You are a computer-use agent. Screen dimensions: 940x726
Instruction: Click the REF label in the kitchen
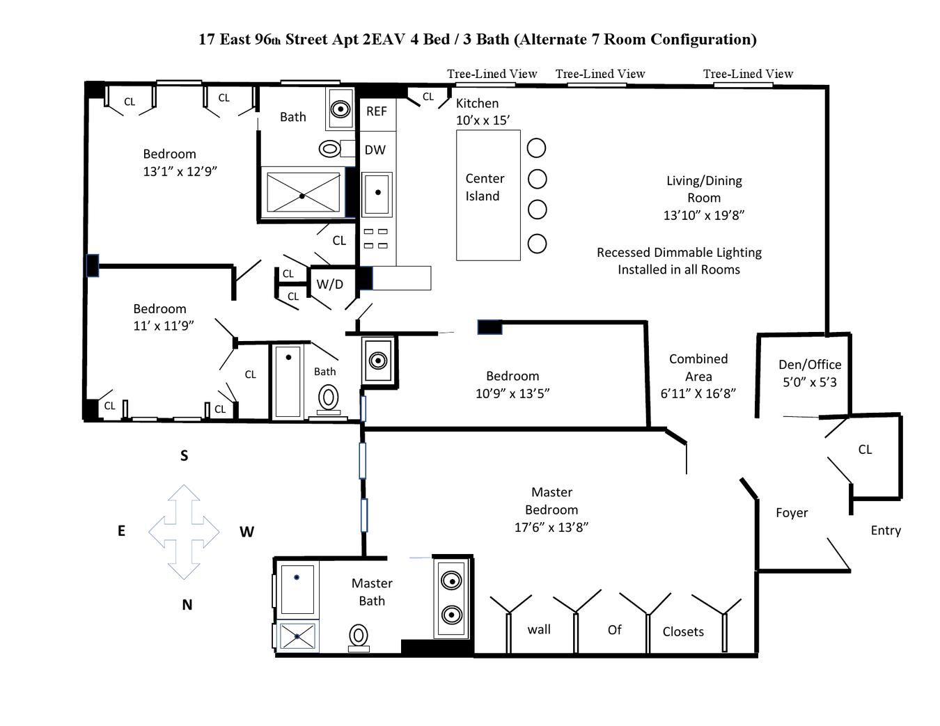coord(376,111)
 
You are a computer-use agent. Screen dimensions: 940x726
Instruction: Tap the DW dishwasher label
coord(375,150)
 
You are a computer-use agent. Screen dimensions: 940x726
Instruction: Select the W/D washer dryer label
coord(329,284)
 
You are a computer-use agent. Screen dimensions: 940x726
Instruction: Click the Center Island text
coord(484,187)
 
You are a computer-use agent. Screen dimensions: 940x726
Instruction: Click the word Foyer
coord(792,513)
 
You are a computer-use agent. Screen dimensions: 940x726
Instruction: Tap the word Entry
coord(886,530)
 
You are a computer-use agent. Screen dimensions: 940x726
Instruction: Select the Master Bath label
coord(372,592)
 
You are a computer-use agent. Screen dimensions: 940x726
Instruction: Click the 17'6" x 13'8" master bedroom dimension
coord(551,527)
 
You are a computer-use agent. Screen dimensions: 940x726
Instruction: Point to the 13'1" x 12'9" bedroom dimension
coord(180,171)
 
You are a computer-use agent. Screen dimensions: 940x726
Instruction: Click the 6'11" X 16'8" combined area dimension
coord(698,393)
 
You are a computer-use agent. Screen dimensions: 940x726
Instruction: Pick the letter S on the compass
coord(184,456)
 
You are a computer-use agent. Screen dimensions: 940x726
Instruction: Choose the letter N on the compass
coord(187,605)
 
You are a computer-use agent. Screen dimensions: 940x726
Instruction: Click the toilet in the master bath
coord(358,636)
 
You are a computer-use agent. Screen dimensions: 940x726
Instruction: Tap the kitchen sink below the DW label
coord(377,193)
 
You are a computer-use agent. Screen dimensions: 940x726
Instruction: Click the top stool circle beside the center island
coord(536,148)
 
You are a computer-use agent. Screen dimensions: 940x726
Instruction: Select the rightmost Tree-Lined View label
coord(748,74)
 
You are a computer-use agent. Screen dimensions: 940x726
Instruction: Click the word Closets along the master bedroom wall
coord(682,632)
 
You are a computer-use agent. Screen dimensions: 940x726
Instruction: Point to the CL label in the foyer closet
coord(865,450)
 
